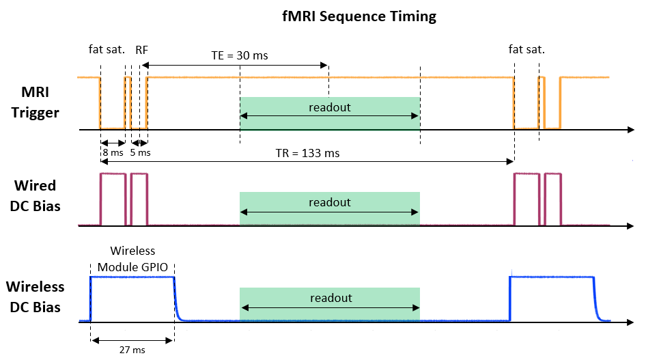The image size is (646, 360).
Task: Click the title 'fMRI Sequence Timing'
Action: [359, 16]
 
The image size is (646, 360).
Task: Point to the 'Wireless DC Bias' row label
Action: [36, 297]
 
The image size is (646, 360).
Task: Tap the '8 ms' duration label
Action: [113, 153]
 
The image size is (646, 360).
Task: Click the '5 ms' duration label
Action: [140, 153]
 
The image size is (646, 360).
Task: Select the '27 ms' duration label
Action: [131, 349]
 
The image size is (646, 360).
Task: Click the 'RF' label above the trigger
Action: [142, 49]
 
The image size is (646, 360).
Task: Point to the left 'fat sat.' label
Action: [107, 49]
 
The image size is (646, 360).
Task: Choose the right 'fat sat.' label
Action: [526, 49]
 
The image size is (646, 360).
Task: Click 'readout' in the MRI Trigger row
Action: [330, 107]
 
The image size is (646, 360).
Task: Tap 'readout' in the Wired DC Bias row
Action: [330, 202]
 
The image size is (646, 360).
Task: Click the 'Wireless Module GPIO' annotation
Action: [133, 259]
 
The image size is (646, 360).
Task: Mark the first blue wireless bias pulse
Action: [132, 277]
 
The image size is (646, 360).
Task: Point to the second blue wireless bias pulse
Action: [552, 277]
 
